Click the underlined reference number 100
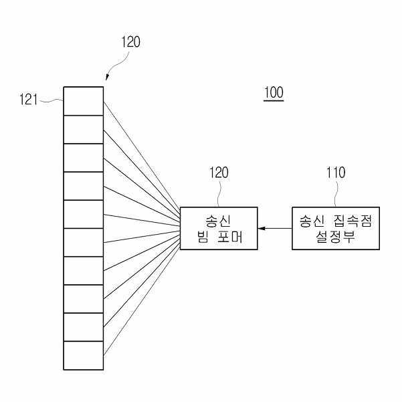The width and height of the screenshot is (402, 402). pyautogui.click(x=273, y=92)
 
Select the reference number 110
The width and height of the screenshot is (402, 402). pyautogui.click(x=335, y=173)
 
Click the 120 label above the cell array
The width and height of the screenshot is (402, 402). pyautogui.click(x=131, y=41)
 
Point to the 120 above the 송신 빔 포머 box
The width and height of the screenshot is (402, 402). pyautogui.click(x=219, y=173)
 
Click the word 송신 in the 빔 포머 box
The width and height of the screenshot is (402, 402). pyautogui.click(x=219, y=219)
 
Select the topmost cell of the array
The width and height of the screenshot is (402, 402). pyautogui.click(x=84, y=101)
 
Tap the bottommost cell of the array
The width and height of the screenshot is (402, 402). pyautogui.click(x=84, y=355)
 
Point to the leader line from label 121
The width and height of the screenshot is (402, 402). pyautogui.click(x=52, y=102)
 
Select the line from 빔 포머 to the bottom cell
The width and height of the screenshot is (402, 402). pyautogui.click(x=142, y=300)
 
